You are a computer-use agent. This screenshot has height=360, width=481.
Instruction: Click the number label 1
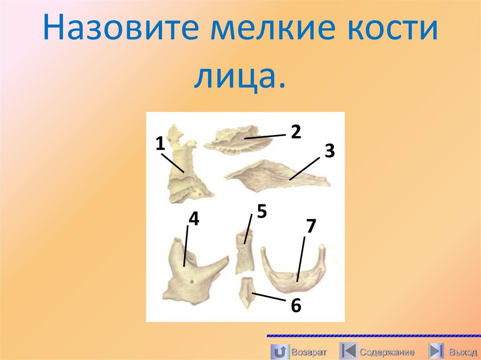click(160, 144)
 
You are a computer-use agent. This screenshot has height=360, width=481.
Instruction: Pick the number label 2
click(295, 132)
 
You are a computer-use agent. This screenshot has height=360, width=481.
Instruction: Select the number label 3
click(329, 151)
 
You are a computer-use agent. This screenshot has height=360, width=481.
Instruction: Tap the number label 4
click(194, 219)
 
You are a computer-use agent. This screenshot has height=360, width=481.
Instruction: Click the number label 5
click(262, 212)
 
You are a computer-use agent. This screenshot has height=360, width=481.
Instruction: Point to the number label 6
click(295, 306)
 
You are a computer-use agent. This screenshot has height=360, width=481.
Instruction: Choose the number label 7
click(310, 226)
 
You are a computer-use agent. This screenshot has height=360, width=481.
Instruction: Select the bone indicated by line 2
click(237, 139)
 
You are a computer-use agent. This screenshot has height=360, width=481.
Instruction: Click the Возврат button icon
click(280, 351)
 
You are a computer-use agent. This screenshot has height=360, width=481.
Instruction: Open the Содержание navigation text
click(387, 352)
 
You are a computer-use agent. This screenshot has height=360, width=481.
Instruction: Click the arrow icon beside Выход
click(436, 351)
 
